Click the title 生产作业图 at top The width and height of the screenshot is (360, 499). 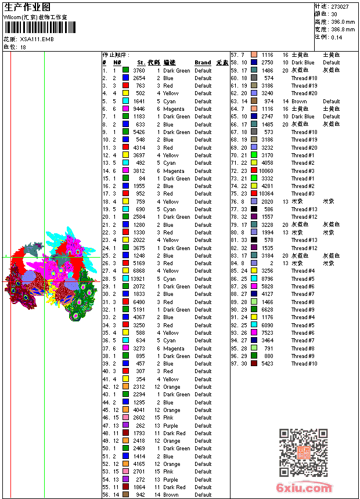tap(27, 7)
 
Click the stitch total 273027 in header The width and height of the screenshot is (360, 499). tap(340, 6)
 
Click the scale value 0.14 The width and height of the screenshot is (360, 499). tap(337, 37)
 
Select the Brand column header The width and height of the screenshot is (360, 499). tap(203, 63)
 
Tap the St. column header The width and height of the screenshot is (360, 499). tap(141, 63)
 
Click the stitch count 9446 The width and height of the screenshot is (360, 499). tap(139, 109)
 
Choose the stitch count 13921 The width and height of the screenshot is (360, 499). tap(138, 279)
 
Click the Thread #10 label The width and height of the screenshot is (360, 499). tap(304, 364)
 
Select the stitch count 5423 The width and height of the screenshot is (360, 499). tap(267, 364)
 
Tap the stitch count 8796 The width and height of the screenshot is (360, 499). tap(267, 279)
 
